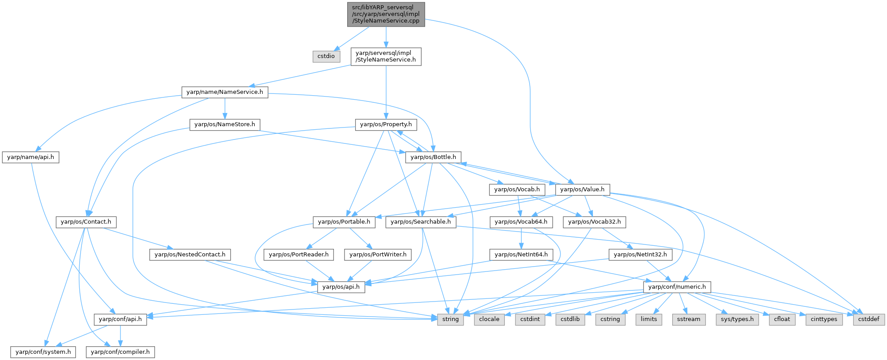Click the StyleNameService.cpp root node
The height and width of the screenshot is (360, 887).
click(386, 14)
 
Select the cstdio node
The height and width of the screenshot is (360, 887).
click(326, 56)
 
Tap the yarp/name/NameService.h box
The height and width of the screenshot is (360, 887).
click(225, 92)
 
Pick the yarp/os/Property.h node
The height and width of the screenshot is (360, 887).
click(386, 124)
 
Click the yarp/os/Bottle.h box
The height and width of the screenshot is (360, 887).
click(433, 157)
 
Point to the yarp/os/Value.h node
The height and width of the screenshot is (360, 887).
click(582, 190)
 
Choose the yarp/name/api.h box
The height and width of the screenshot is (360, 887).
click(31, 157)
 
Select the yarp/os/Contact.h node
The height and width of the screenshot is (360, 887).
click(86, 222)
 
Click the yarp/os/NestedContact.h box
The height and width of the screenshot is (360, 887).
click(190, 255)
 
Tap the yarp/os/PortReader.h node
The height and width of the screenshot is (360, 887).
click(299, 255)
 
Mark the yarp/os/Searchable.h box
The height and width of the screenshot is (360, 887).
click(421, 222)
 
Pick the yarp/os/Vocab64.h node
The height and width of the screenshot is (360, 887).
click(521, 222)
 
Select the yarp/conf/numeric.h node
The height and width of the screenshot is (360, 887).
click(677, 287)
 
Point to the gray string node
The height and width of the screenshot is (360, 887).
click(450, 319)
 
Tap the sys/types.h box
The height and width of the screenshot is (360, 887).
click(737, 319)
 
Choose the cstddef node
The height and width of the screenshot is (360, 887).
click(869, 319)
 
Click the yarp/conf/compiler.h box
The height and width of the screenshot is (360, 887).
click(120, 352)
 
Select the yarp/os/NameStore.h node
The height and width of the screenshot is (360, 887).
click(225, 124)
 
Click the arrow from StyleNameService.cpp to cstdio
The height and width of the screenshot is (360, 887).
click(352, 38)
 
